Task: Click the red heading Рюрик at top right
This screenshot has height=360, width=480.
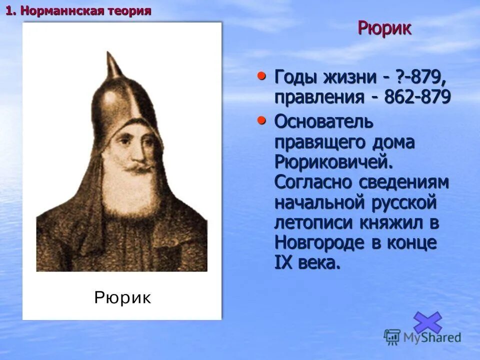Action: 384,28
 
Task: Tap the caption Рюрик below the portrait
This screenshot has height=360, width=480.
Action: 122,298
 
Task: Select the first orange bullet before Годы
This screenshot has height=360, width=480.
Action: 261,76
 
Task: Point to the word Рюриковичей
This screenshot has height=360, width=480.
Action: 333,162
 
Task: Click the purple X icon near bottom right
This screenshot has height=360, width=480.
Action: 427,322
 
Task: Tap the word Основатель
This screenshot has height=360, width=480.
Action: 323,121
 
